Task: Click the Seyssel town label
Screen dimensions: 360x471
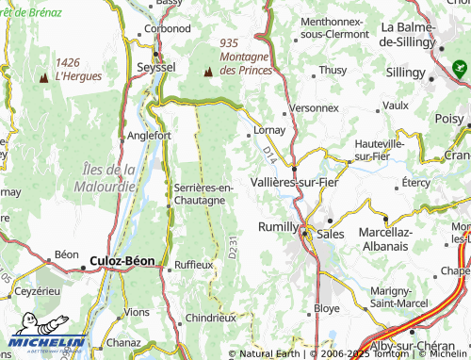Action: tap(155, 68)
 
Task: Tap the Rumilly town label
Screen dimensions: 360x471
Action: tap(278, 227)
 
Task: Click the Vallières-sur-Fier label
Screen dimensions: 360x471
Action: tap(295, 181)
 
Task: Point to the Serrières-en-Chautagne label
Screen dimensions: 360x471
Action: tap(203, 193)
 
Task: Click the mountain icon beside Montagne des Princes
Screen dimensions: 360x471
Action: tap(208, 71)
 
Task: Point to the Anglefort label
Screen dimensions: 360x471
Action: tap(148, 135)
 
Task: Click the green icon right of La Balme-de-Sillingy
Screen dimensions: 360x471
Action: tap(459, 68)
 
